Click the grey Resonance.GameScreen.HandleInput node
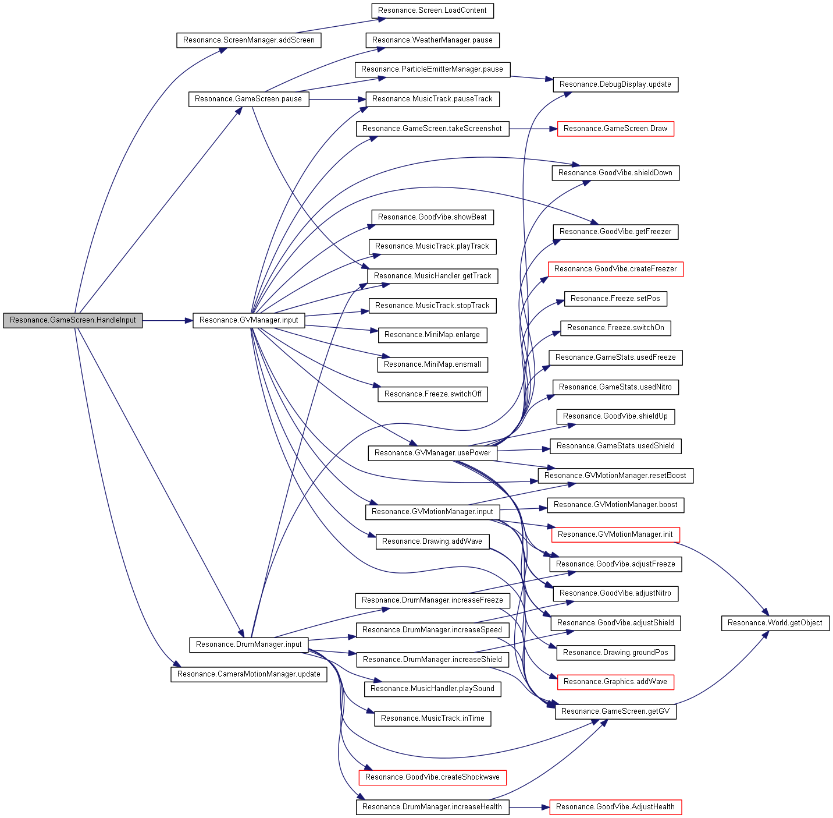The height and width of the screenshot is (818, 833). click(x=73, y=320)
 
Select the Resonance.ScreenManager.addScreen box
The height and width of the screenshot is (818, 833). click(x=248, y=40)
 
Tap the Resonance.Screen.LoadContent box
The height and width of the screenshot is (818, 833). click(x=432, y=11)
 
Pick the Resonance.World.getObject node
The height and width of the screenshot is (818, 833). click(x=775, y=623)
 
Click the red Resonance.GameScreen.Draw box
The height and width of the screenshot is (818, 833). click(x=615, y=129)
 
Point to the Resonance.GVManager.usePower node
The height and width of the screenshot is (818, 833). click(x=432, y=453)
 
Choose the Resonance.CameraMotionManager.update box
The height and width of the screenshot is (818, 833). click(x=248, y=674)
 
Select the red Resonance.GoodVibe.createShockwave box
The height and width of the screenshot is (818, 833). click(x=432, y=777)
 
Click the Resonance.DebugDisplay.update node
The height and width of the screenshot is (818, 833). click(x=615, y=84)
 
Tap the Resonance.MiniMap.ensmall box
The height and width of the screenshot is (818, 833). click(x=432, y=364)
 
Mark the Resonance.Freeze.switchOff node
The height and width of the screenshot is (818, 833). click(x=432, y=394)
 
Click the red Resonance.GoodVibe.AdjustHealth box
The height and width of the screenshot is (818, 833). click(x=615, y=807)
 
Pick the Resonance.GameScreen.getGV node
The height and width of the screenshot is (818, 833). click(x=615, y=711)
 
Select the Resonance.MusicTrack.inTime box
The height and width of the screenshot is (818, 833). click(x=432, y=718)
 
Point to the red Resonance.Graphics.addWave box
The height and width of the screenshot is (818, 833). click(x=615, y=682)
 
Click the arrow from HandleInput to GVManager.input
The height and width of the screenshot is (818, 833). click(x=168, y=320)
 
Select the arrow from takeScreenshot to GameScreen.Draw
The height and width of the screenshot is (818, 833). click(x=533, y=129)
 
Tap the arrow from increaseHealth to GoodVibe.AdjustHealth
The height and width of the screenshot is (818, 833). click(x=529, y=807)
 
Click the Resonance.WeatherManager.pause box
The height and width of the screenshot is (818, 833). click(x=432, y=40)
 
